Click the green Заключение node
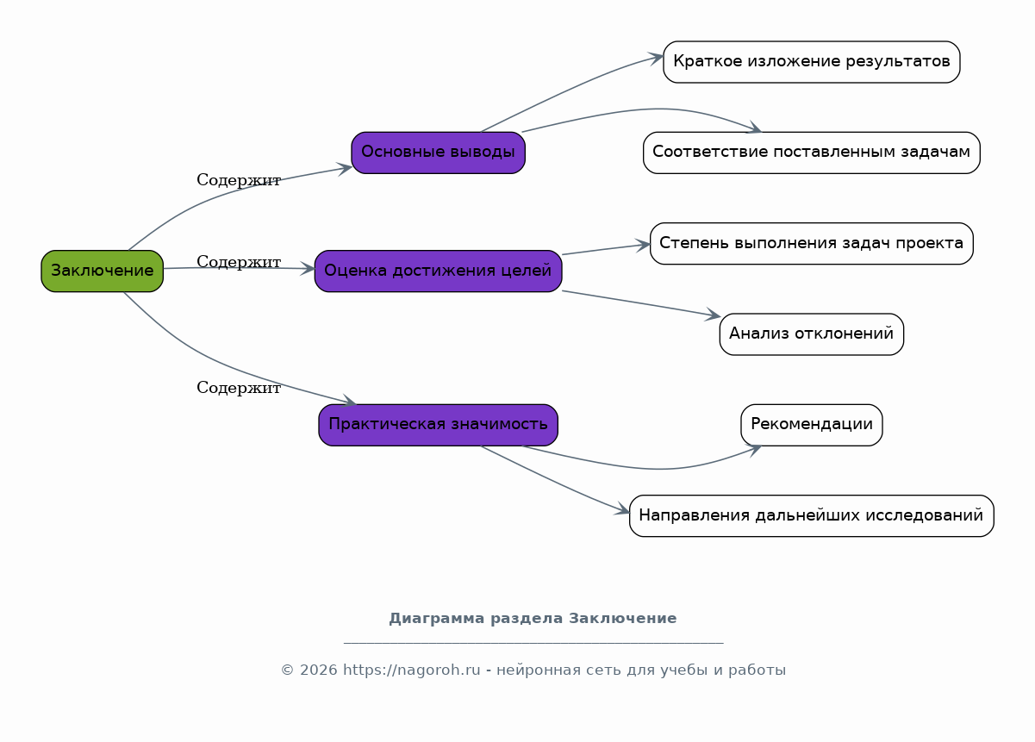[102, 271]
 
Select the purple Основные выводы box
[438, 153]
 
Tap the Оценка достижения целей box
[438, 271]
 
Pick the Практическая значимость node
[438, 425]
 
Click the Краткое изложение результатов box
[811, 62]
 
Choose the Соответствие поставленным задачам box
[811, 153]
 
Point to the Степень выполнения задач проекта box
[811, 244]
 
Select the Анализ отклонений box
[811, 334]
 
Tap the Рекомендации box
[811, 425]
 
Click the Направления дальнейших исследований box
[811, 515]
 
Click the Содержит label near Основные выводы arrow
[239, 180]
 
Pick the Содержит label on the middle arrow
[239, 262]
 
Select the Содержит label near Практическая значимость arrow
[239, 388]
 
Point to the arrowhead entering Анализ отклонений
[714, 315]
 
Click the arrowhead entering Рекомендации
[754, 450]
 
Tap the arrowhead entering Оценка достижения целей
[308, 269]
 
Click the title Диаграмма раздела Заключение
[533, 618]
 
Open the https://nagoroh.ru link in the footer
[412, 670]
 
